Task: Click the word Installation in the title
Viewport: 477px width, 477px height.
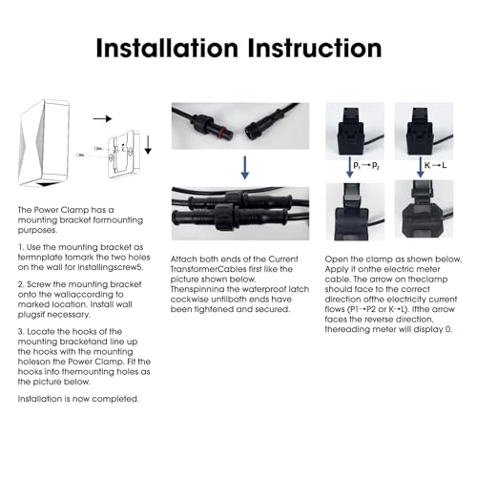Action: coord(167,48)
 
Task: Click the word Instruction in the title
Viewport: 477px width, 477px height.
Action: coord(315,48)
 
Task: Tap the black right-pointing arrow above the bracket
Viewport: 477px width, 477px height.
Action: coord(102,118)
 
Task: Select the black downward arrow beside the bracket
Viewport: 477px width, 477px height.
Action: coord(148,145)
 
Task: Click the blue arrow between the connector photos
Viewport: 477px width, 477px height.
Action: coord(245,167)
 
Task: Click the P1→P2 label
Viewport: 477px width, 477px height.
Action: coord(366,165)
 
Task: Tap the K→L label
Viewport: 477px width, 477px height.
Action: coord(436,165)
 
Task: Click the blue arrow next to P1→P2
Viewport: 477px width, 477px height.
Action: coord(349,167)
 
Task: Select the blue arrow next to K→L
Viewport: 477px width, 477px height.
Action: coord(421,167)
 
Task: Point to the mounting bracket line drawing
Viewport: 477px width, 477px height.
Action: coord(124,154)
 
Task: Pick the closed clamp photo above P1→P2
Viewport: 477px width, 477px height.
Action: coord(355,131)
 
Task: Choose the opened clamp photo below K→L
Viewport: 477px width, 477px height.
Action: coord(424,209)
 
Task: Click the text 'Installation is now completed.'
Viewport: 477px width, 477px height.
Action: coord(78,399)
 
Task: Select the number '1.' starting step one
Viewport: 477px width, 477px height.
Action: coord(21,247)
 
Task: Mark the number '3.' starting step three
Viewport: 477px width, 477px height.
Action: coord(21,332)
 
